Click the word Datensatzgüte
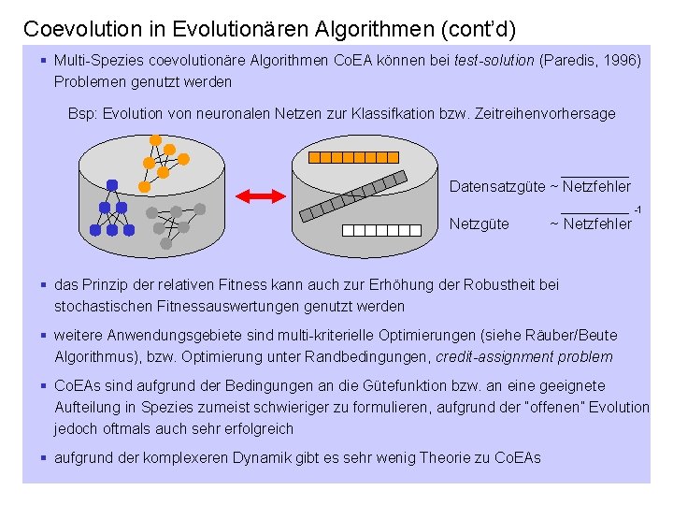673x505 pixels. pos(497,187)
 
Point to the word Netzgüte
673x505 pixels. pos(480,224)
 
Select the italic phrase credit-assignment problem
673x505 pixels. pos(524,356)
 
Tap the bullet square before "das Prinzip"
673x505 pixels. pos(44,284)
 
